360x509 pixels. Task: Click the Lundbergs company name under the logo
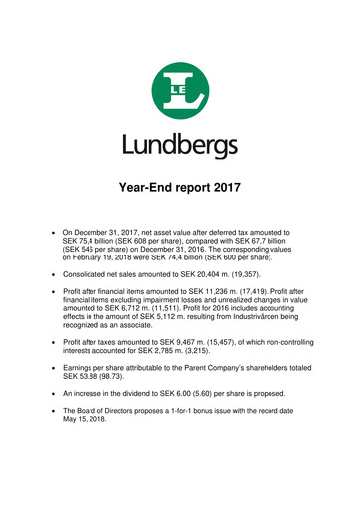pyautogui.click(x=180, y=148)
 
